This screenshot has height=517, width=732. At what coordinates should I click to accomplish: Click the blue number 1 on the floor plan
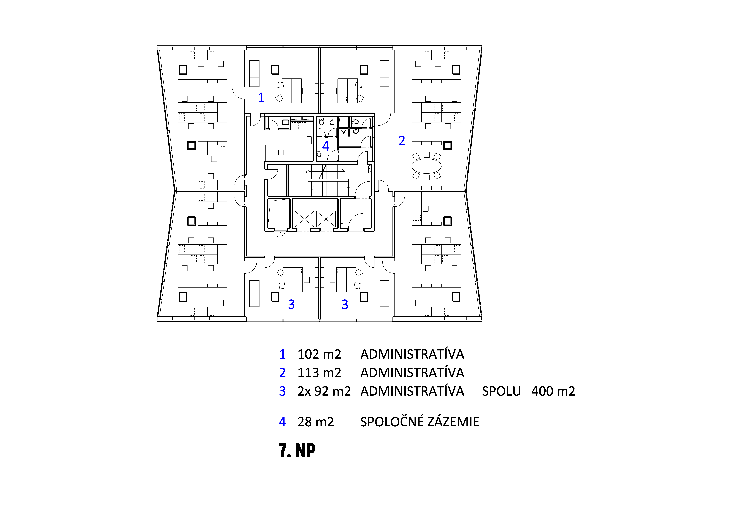coord(261,97)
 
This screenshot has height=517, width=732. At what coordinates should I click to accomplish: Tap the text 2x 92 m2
coord(324,391)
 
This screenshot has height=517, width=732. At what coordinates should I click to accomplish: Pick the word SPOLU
coord(501,391)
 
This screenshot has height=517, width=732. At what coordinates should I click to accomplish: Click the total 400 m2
coord(553,391)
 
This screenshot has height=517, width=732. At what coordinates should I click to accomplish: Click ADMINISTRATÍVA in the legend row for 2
coord(412,373)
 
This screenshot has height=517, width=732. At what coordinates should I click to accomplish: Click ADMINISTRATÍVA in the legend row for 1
coord(412,354)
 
